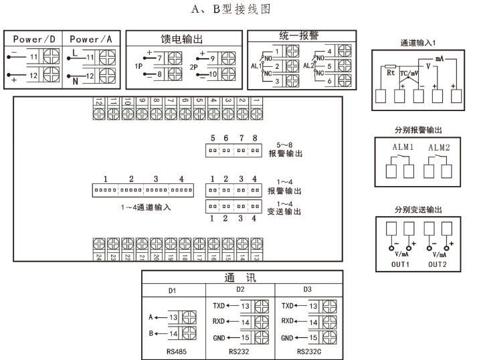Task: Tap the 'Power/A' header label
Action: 90,39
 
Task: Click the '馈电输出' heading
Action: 181,39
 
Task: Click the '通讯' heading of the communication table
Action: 242,278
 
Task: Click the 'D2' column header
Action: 240,290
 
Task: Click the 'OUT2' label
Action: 437,262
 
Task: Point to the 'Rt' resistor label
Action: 391,74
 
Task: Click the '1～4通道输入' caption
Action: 142,207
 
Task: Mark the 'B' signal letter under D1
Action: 153,332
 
